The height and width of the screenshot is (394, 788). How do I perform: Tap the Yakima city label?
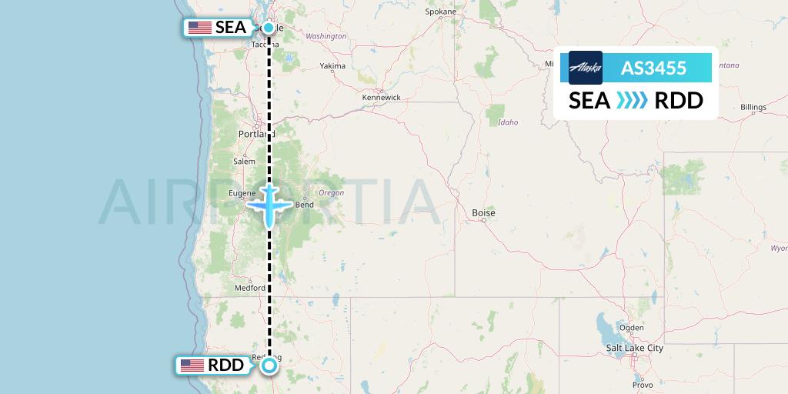[x=332, y=66]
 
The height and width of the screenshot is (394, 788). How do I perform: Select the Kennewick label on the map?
[x=382, y=98]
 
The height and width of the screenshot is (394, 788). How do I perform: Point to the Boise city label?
[x=483, y=212]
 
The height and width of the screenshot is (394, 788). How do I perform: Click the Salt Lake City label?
[x=634, y=349]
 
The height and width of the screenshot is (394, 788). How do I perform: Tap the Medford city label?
[x=249, y=289]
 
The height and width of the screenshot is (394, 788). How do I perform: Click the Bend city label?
[x=305, y=205]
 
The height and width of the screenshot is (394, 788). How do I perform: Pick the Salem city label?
[x=244, y=162]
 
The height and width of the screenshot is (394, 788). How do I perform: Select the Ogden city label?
[x=631, y=328]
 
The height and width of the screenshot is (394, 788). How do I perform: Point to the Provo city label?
[x=642, y=384]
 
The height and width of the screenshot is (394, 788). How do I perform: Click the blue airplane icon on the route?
[x=269, y=205]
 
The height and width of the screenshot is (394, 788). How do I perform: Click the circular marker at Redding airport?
[x=269, y=366]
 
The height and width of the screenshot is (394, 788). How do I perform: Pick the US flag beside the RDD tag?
[x=192, y=366]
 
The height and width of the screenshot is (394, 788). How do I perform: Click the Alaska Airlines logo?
[x=586, y=68]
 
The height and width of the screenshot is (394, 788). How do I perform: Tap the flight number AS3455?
[x=653, y=68]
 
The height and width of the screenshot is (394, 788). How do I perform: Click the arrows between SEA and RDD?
[x=633, y=101]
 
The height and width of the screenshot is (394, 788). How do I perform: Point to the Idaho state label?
[x=508, y=122]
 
